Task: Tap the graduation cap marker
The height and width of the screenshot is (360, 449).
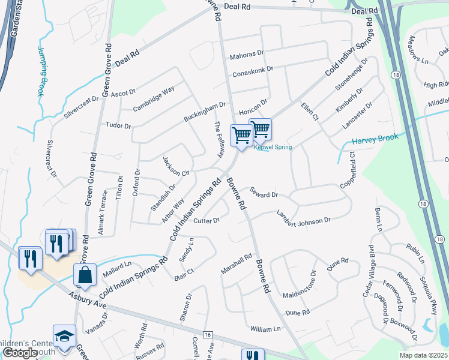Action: point(64,337)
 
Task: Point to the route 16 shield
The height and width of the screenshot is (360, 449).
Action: point(208,334)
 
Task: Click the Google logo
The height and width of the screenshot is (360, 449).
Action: point(20,353)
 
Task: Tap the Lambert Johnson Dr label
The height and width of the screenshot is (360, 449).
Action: point(303,217)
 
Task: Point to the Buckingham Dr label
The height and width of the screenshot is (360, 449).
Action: point(205,112)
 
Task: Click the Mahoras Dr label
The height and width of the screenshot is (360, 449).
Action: point(247,55)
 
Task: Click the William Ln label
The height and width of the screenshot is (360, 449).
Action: point(265,329)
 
